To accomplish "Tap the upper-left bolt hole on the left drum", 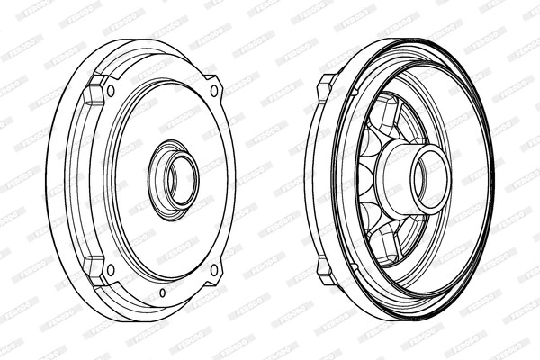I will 111,91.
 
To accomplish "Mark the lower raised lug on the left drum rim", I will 93,266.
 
